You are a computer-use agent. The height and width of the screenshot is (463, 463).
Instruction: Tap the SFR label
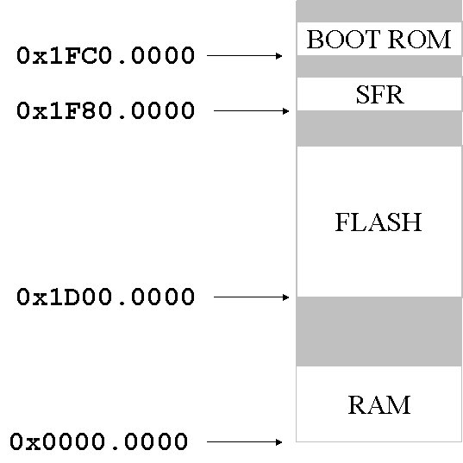click(x=379, y=95)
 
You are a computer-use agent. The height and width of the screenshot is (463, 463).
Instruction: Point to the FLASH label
click(x=379, y=222)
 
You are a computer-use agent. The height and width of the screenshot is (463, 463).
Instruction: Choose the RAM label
click(x=379, y=404)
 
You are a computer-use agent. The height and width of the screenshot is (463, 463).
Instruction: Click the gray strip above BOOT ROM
click(x=379, y=11)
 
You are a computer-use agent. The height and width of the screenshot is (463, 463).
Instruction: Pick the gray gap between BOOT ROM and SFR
click(x=379, y=66)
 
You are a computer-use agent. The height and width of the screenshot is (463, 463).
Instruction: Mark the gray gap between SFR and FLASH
click(x=379, y=128)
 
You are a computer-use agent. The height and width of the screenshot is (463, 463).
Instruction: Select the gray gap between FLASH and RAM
click(x=379, y=331)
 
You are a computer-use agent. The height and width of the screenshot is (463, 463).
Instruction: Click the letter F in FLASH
click(x=342, y=222)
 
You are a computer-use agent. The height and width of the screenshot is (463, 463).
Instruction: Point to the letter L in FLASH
click(x=358, y=222)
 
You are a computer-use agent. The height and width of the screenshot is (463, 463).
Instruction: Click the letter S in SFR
click(x=363, y=95)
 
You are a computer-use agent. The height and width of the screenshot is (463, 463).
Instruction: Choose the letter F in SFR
click(x=378, y=95)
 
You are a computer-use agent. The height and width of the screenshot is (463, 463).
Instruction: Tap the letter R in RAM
click(x=357, y=404)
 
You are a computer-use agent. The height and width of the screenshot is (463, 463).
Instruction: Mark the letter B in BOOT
click(x=314, y=40)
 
